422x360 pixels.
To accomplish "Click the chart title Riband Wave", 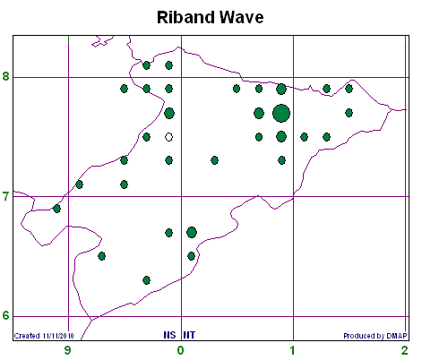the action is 211,17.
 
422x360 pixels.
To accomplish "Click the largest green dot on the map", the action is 281,114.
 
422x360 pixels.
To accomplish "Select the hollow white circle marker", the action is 169,137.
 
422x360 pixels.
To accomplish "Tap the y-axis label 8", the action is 6,76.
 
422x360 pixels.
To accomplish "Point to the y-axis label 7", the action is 6,197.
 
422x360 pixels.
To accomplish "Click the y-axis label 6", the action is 6,315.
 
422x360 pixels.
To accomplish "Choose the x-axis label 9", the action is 68,350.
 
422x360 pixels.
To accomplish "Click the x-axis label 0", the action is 180,350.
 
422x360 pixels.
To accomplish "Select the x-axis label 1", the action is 293,350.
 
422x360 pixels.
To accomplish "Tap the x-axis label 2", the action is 405,350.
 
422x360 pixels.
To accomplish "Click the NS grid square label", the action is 169,335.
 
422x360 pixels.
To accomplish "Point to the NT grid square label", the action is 189,335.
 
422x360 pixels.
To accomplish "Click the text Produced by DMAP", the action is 375,336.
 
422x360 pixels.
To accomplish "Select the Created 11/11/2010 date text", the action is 44,336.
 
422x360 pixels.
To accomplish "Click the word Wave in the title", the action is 243,17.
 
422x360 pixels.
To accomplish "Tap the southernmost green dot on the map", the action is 146,280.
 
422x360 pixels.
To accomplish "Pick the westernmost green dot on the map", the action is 56,209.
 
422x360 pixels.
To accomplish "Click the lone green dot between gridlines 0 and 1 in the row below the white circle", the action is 214,160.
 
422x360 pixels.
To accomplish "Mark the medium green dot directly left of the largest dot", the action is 259,114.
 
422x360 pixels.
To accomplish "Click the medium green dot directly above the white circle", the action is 169,114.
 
